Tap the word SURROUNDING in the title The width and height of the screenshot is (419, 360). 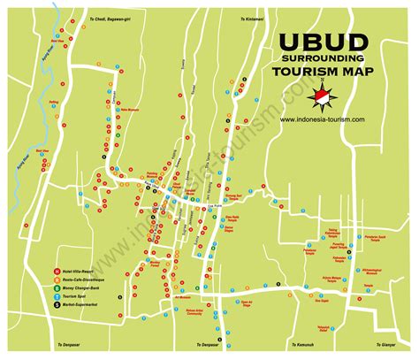click(324, 62)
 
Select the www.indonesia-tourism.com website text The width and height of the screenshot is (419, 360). click(323, 120)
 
